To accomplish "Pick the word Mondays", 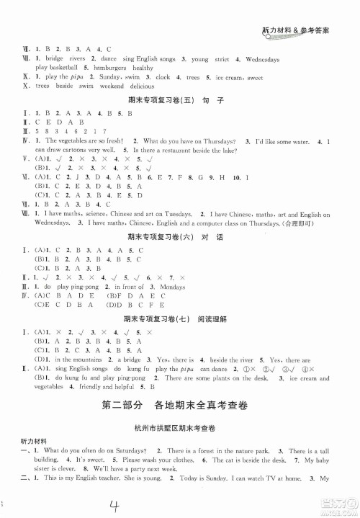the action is click(x=172, y=286).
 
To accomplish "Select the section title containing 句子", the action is click(x=179, y=102).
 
